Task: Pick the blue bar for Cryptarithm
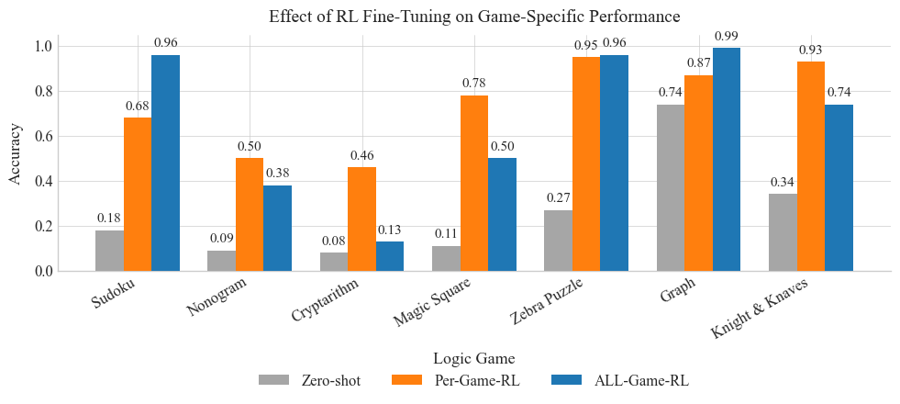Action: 390,256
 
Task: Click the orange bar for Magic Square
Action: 473,184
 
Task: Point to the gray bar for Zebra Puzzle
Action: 558,241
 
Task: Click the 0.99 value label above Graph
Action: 727,37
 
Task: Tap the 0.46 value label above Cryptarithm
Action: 361,156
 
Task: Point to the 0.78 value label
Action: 473,84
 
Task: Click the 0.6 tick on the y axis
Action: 42,137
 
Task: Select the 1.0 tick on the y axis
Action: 42,47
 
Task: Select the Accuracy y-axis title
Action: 16,154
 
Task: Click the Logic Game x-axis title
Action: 473,357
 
